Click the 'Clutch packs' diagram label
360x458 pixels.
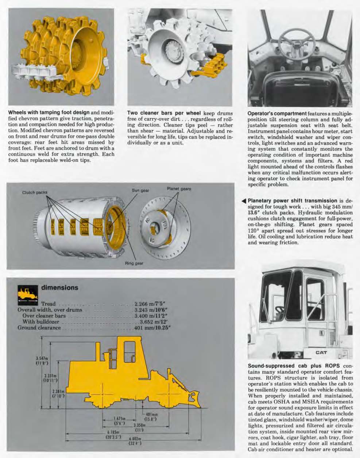click(x=35, y=192)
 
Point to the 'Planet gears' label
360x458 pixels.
click(x=179, y=189)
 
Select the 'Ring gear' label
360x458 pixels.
click(x=134, y=263)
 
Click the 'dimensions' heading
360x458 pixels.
click(x=60, y=287)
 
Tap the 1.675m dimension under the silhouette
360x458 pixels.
click(x=119, y=420)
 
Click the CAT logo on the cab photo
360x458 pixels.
click(x=321, y=352)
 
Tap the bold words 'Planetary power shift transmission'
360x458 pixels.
click(x=292, y=201)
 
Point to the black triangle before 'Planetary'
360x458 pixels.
click(x=244, y=201)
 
